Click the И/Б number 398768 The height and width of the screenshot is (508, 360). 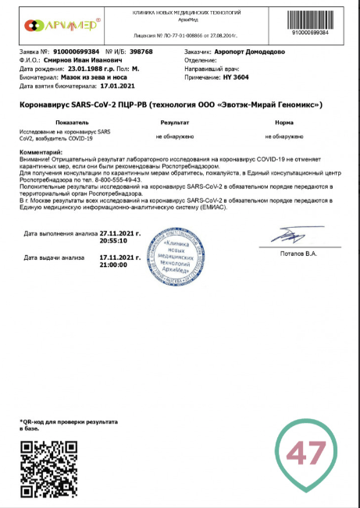pyautogui.click(x=140, y=51)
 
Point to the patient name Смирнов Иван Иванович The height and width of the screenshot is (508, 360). pyautogui.click(x=83, y=59)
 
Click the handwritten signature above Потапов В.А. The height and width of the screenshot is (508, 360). pyautogui.click(x=286, y=235)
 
